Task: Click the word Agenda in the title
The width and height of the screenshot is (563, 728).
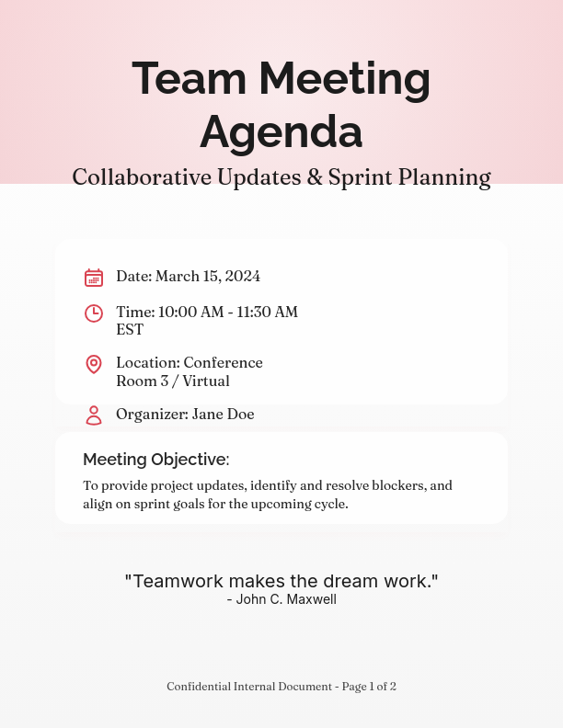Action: (281, 132)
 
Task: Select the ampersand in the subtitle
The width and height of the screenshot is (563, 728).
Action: (314, 176)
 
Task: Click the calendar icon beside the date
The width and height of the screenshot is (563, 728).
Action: (94, 278)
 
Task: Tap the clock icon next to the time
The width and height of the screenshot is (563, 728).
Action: (94, 313)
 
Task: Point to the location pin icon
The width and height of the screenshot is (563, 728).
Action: (94, 364)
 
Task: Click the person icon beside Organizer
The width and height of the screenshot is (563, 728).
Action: (94, 415)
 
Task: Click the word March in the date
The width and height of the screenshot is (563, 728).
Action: (177, 277)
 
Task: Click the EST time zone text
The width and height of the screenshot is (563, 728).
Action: (130, 330)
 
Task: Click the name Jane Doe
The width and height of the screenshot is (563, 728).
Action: (224, 415)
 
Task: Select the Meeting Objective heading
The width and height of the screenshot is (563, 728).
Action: (155, 460)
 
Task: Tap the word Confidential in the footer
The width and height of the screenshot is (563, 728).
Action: (198, 687)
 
